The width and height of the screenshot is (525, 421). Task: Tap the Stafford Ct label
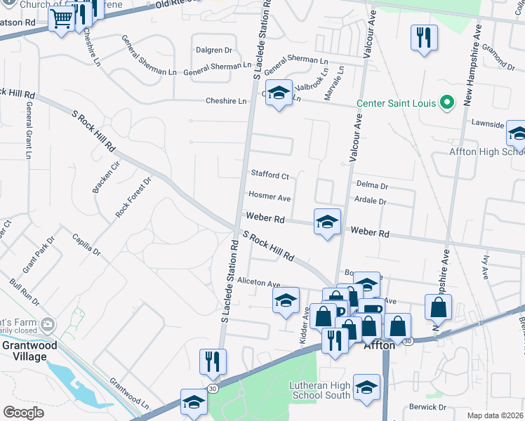click(270, 175)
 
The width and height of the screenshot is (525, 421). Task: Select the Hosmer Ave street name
click(269, 198)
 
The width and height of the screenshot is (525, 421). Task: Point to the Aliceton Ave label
click(259, 283)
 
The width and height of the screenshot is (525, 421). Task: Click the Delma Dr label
click(372, 186)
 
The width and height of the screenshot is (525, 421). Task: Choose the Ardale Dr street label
click(372, 201)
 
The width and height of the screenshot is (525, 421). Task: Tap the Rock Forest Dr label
click(133, 196)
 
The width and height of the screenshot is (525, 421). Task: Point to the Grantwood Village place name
click(24, 351)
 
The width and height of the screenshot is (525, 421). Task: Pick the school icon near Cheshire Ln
click(279, 93)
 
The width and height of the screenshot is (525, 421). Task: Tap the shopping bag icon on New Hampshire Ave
click(438, 307)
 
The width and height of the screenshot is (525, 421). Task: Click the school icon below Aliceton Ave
click(286, 301)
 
